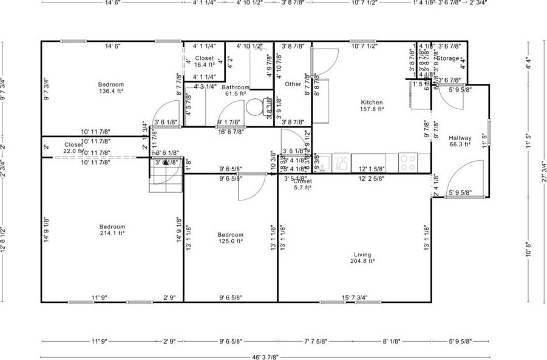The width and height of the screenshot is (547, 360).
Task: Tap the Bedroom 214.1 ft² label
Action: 112,229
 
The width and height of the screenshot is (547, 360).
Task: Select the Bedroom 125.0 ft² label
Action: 231,237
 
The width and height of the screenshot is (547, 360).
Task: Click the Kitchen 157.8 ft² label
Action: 372,106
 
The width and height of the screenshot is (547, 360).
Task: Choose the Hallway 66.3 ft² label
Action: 460,141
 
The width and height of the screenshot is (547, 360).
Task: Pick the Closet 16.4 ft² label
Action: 204,61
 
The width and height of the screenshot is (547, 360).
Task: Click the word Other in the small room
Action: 293,84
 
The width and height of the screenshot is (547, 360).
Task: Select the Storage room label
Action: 449,58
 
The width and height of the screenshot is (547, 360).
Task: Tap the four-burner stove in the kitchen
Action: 407,161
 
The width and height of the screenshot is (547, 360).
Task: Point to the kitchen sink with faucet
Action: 341,161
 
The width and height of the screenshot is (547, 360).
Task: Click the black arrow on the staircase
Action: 165,162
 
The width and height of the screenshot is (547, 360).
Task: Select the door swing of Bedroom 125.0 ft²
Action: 249,187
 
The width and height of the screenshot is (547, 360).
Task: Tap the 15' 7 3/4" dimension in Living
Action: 355,297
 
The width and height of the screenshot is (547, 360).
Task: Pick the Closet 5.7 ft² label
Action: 302,185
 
